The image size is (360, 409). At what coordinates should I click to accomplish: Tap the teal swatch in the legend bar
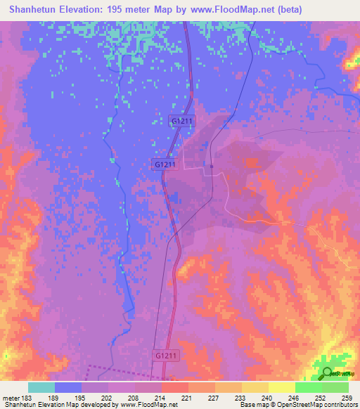(41, 387)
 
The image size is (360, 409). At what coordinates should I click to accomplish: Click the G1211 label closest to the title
(183, 122)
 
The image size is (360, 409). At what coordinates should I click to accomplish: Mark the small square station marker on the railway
(212, 167)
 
